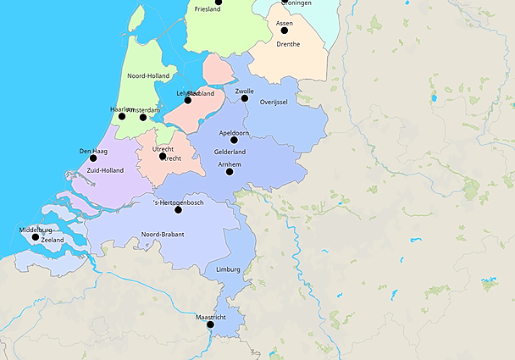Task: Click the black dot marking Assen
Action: (x=285, y=30)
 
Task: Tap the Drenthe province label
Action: (x=287, y=44)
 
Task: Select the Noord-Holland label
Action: (x=147, y=75)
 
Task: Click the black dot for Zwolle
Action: (x=245, y=98)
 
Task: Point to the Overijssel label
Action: (x=274, y=102)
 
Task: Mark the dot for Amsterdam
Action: (x=143, y=117)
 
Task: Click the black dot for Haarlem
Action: (x=121, y=116)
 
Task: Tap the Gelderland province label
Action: (x=230, y=152)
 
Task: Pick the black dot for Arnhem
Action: (x=230, y=172)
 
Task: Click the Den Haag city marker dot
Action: (x=93, y=158)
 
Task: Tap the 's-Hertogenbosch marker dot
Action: (x=178, y=209)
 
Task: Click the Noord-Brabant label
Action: (x=163, y=234)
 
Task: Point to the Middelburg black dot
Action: (x=36, y=237)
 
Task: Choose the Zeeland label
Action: (x=52, y=241)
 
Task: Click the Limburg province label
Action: (x=228, y=269)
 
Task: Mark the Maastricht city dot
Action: (x=210, y=324)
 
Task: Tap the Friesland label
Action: (x=208, y=9)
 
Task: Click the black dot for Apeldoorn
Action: (x=234, y=141)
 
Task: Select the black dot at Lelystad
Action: (x=188, y=100)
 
